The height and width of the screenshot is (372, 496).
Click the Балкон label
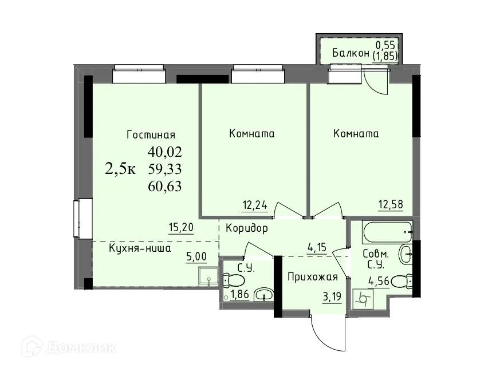pos(351,53)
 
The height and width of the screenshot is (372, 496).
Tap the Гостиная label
pos(151,135)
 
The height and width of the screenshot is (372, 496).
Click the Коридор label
pos(247,228)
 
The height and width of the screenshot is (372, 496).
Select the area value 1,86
pos(241,295)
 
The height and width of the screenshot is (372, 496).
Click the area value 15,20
pos(181,227)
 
